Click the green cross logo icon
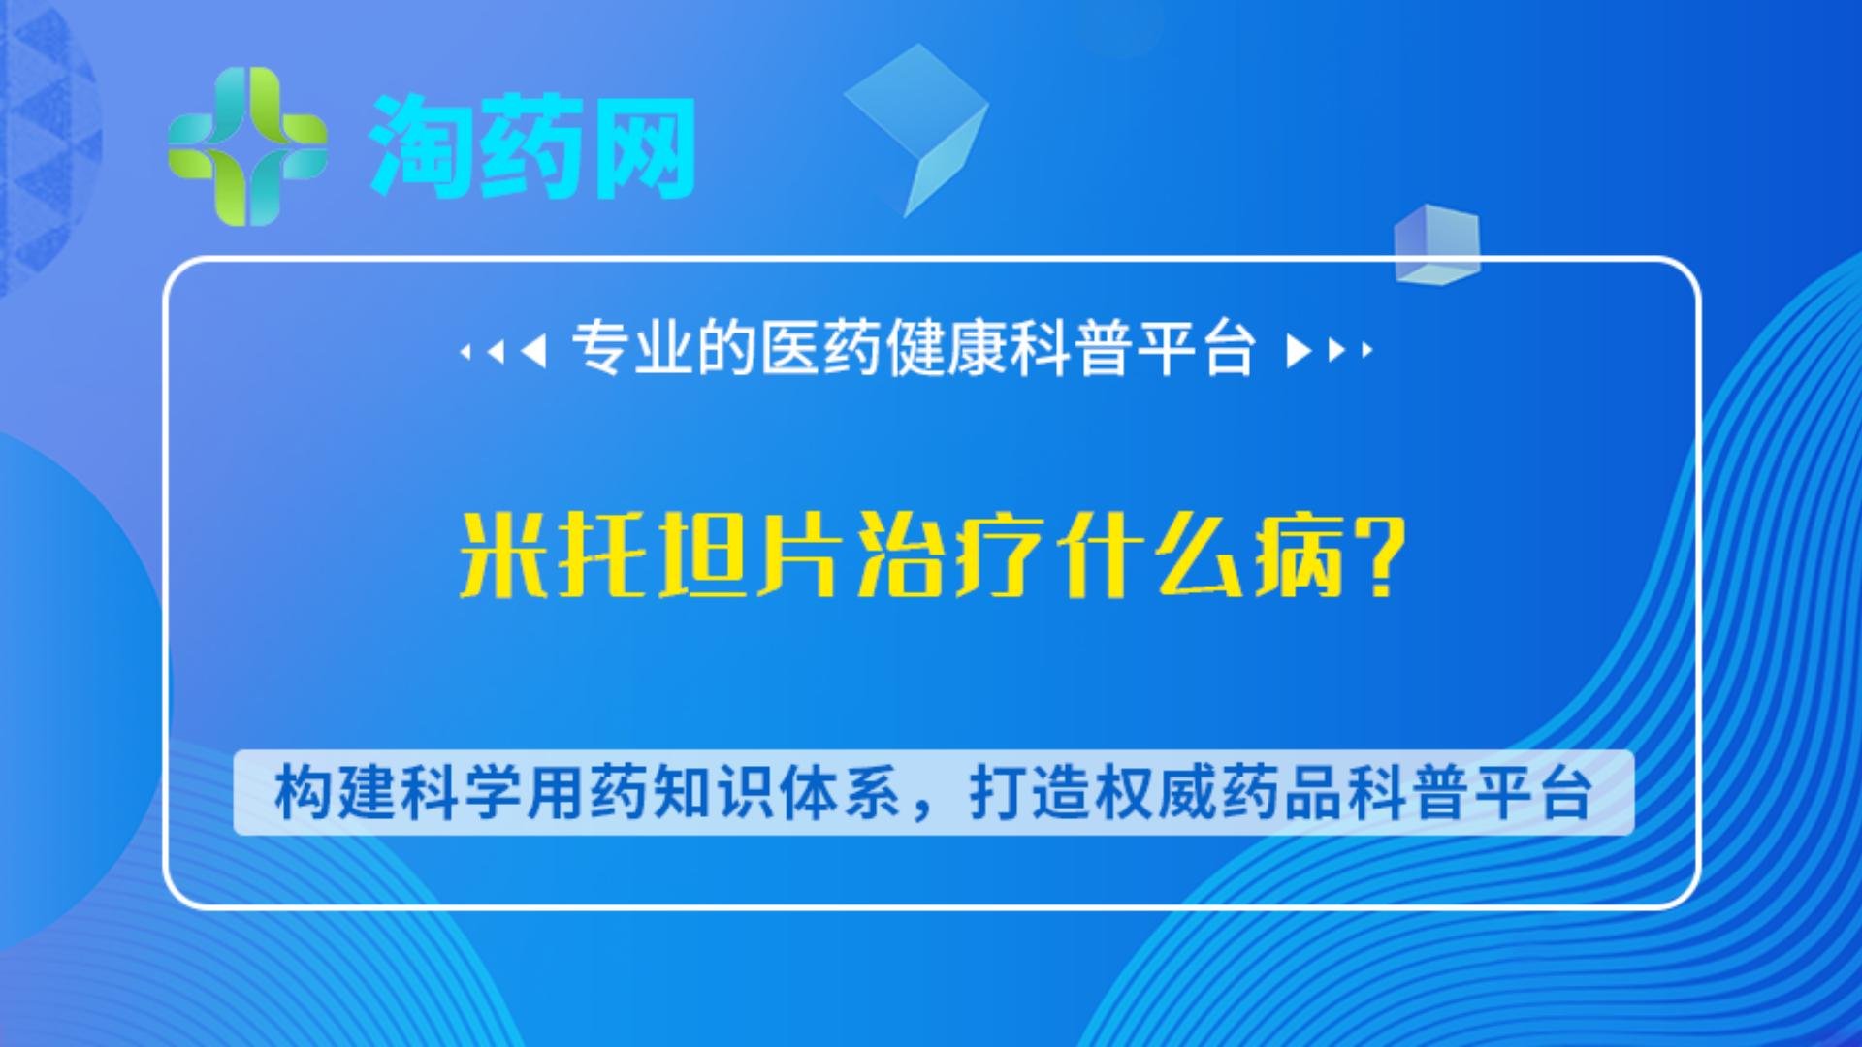point(247,146)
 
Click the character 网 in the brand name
point(642,147)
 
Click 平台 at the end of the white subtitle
point(1197,348)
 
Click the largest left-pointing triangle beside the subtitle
point(533,350)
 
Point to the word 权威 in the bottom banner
point(1155,793)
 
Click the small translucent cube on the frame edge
point(1436,244)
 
